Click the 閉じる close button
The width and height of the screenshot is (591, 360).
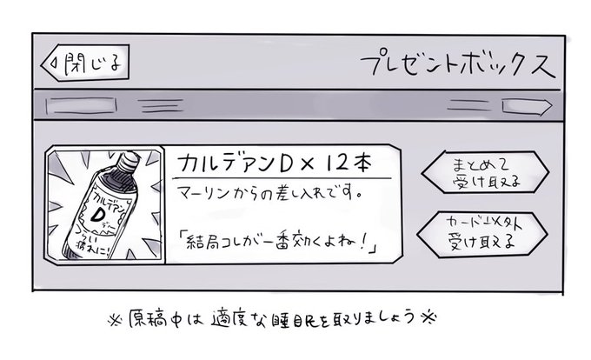(x=84, y=65)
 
